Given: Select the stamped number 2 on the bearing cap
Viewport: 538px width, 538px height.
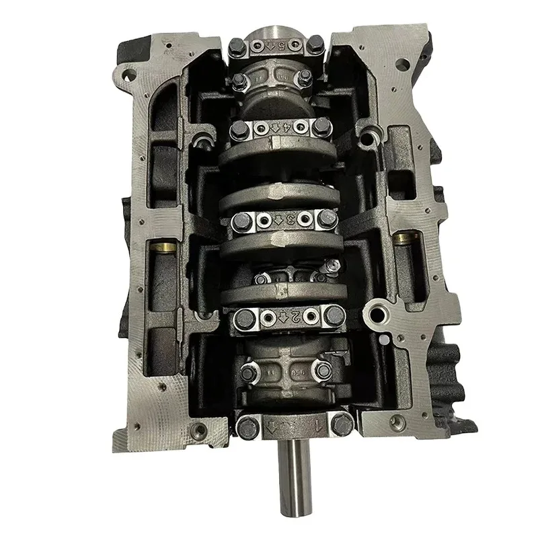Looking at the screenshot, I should tap(293, 315).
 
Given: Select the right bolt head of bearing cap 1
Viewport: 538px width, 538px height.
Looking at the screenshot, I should tap(342, 423).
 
